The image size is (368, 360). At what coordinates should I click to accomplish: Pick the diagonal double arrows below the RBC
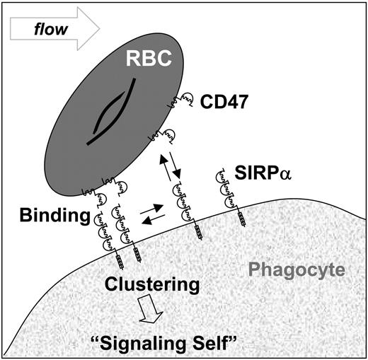pos(168,168)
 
